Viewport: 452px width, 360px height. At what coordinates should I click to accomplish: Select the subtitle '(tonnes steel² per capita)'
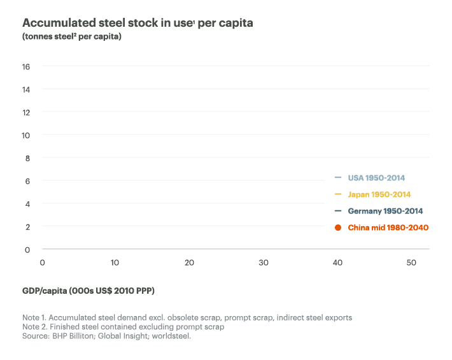coord(72,36)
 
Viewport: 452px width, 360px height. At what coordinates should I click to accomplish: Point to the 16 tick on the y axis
coord(26,66)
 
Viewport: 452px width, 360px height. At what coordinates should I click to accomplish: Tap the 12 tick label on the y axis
coord(26,112)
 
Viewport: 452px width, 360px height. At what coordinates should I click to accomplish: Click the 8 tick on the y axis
coord(27,158)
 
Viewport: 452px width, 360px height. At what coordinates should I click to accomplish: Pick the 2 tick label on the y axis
coord(27,227)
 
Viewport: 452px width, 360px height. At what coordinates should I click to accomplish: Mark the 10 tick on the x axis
coord(115,263)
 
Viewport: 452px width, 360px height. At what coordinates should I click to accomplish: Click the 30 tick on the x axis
coord(263,263)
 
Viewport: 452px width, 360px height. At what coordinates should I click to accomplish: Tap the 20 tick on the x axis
coord(189,263)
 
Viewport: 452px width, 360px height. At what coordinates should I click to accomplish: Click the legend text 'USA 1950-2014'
coord(376,178)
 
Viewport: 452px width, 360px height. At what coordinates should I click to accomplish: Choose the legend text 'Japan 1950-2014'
coord(379,194)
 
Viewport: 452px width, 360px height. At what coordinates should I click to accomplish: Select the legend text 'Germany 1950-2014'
coord(385,211)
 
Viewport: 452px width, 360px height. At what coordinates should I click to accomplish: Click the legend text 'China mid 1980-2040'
coord(388,227)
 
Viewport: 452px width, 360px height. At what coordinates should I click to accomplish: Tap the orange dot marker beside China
coord(338,227)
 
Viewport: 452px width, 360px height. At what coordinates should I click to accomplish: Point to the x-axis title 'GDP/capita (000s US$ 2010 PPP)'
coord(88,291)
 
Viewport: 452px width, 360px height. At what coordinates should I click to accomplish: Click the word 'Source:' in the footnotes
coord(38,336)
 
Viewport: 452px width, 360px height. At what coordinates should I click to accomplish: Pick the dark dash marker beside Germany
coord(338,211)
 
